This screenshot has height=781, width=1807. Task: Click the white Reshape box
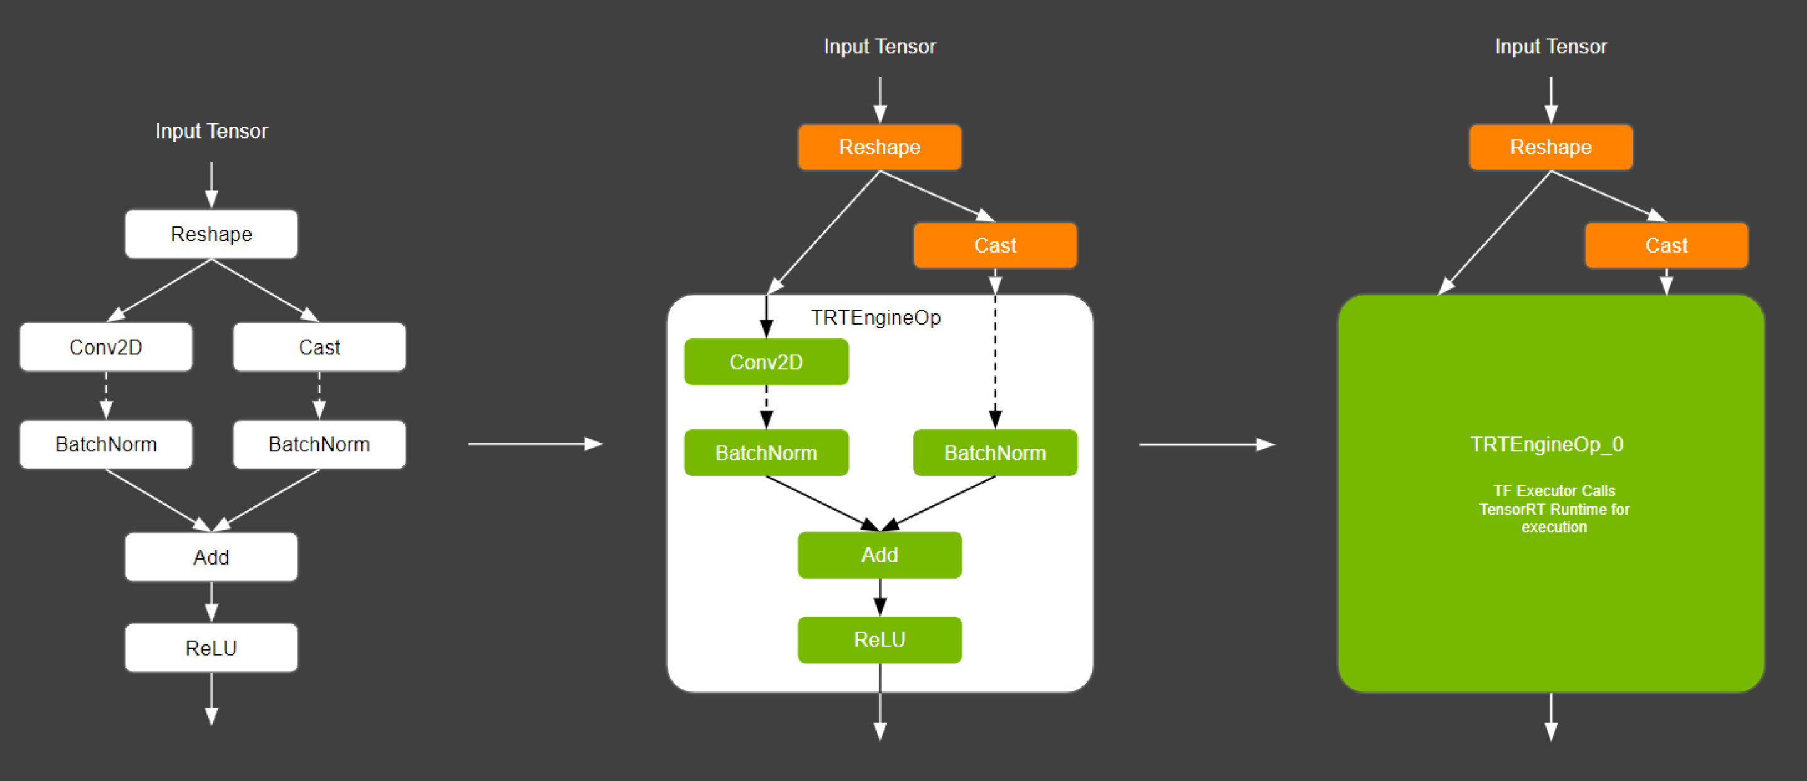(x=211, y=234)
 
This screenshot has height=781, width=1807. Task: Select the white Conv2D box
(x=106, y=347)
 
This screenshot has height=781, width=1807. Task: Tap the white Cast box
(x=319, y=347)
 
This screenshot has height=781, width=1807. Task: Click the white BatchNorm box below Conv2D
(x=106, y=444)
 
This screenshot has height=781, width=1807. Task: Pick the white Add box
(x=211, y=557)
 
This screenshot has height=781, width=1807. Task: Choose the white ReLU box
(x=211, y=647)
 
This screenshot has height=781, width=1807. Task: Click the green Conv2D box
(x=766, y=362)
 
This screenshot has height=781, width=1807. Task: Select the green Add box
(x=880, y=555)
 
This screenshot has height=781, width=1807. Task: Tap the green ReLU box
(x=880, y=639)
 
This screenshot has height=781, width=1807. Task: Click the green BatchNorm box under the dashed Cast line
(x=994, y=453)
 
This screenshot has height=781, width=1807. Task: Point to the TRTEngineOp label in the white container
(x=875, y=318)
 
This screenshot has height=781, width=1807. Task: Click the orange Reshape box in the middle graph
(x=880, y=147)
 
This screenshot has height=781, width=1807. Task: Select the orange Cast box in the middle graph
(x=994, y=245)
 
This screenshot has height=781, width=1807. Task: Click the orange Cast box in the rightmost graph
(x=1666, y=245)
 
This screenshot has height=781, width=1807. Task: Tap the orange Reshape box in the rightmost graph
(x=1550, y=147)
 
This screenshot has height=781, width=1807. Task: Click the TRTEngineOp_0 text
(x=1547, y=444)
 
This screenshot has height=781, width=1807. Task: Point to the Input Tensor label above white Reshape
(x=211, y=131)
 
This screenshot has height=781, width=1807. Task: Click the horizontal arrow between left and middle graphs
(x=535, y=444)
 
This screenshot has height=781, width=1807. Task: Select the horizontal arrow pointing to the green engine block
(x=1207, y=444)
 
